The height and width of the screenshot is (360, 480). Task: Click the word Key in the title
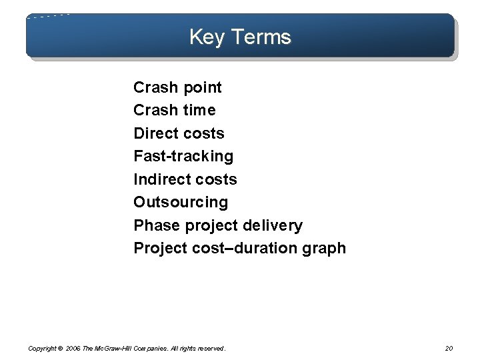[x=204, y=37]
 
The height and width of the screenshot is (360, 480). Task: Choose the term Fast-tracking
[x=183, y=157]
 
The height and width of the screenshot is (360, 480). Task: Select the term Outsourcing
[x=181, y=202]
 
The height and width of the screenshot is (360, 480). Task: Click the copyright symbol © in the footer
[x=61, y=348]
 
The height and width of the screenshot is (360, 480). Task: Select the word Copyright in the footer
[x=42, y=348]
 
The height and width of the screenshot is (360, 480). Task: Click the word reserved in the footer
[x=210, y=348]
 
